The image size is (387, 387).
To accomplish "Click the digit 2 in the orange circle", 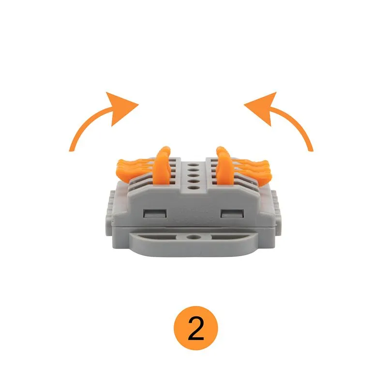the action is click(x=196, y=328).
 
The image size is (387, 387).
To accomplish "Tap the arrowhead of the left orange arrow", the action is click(x=119, y=107).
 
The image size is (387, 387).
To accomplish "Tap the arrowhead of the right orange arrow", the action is click(x=263, y=107).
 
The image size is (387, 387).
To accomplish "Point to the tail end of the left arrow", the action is click(x=71, y=149).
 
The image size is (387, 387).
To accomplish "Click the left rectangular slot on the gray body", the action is click(x=154, y=214).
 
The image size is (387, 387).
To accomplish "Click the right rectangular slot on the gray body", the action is click(x=232, y=214).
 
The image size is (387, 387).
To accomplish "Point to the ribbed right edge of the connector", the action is click(x=276, y=208).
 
